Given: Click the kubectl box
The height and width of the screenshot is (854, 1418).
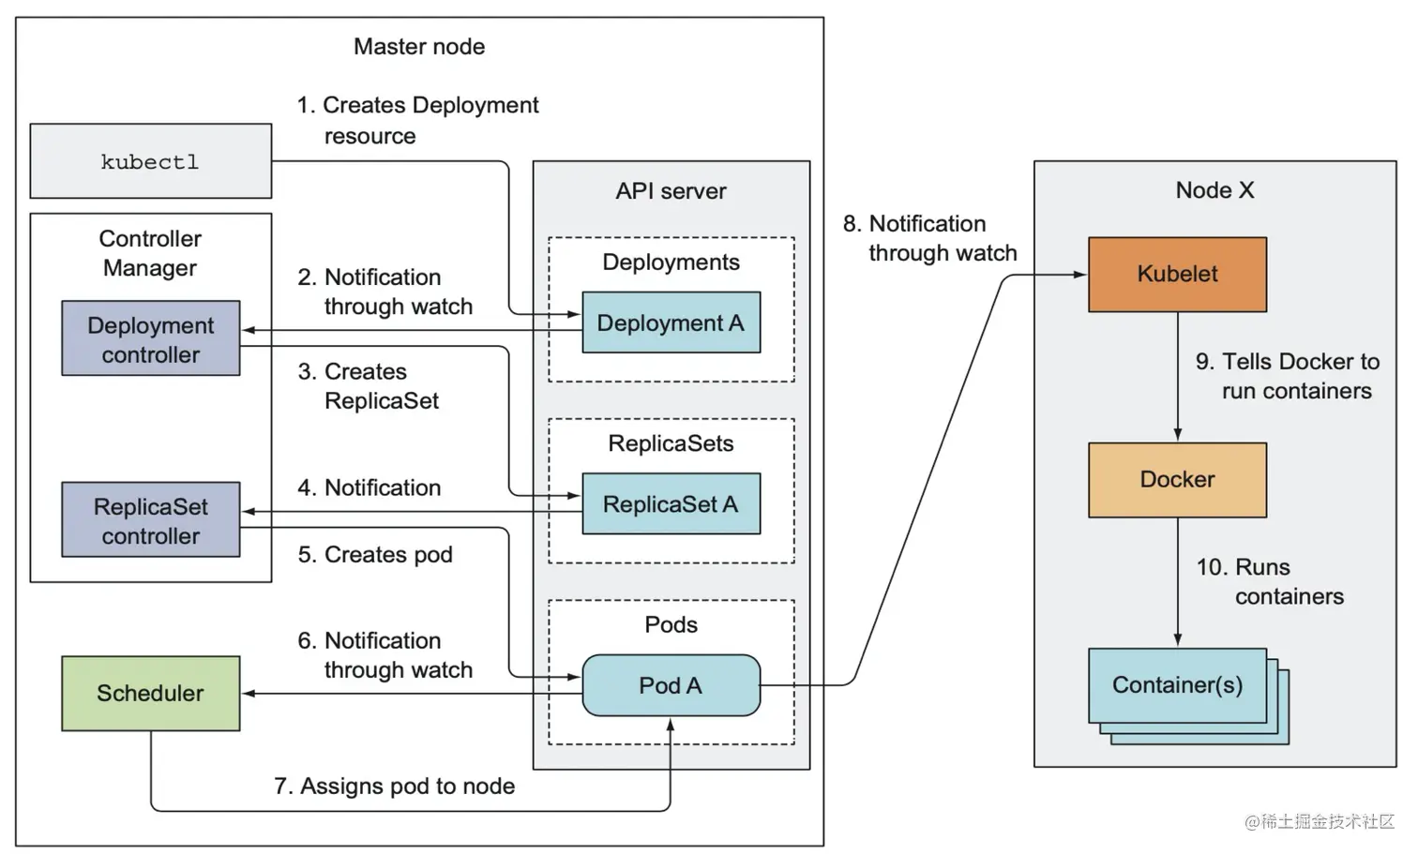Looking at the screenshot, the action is click(x=151, y=161).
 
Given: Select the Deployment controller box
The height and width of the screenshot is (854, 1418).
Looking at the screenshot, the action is click(x=151, y=338).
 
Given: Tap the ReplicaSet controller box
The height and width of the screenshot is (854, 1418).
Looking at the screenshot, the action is click(x=151, y=519).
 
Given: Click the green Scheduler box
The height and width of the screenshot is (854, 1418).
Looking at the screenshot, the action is click(x=151, y=694).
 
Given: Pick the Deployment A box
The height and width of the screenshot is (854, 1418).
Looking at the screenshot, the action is click(x=671, y=322).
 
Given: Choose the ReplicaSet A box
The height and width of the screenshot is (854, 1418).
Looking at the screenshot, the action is click(x=671, y=503).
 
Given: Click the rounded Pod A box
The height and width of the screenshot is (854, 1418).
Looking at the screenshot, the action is click(x=671, y=685).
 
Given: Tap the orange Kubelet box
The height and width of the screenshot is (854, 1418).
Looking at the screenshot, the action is click(x=1178, y=275).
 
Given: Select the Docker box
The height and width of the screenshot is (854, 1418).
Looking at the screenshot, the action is click(x=1178, y=480).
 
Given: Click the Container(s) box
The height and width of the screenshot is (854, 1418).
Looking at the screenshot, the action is click(x=1178, y=685).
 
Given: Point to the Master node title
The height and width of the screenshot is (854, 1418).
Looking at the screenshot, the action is click(x=419, y=47).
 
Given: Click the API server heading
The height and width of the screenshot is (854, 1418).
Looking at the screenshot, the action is click(x=671, y=191).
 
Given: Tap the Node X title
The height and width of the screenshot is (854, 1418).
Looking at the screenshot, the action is click(x=1214, y=189).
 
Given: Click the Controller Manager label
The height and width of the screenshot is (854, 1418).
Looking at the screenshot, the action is click(x=151, y=253).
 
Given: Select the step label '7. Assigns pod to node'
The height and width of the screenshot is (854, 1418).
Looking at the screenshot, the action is click(x=395, y=787).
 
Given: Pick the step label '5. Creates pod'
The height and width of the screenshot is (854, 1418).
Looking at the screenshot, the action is click(x=375, y=555).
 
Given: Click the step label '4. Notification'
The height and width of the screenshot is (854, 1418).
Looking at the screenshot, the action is click(x=370, y=487).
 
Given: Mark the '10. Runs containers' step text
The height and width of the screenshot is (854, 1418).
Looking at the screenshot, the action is click(x=1270, y=581).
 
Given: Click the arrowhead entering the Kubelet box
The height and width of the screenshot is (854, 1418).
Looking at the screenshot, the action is click(x=1080, y=275).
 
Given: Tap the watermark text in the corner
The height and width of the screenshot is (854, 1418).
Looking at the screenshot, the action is click(x=1320, y=821).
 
